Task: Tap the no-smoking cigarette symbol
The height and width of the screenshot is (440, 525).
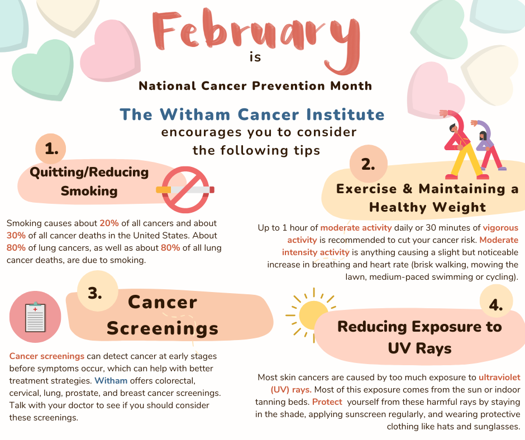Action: (185, 190)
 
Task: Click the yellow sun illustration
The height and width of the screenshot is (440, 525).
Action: (312, 315)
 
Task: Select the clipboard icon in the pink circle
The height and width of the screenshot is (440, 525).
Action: (35, 317)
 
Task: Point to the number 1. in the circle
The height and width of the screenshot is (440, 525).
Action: (51, 149)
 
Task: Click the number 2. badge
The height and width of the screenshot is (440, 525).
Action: (368, 164)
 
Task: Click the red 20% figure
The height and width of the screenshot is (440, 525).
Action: (109, 223)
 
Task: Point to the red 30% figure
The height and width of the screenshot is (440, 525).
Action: (16, 236)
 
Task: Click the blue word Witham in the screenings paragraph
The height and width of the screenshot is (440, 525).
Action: (111, 381)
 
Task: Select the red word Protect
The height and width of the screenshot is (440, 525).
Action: (327, 402)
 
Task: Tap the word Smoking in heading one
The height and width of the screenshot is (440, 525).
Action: (89, 191)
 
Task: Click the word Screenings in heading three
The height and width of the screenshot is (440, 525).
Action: (163, 328)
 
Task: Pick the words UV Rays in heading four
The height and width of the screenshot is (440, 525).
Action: (419, 348)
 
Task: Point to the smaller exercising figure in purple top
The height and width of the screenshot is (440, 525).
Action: (487, 145)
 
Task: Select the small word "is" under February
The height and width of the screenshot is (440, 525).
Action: (255, 58)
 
